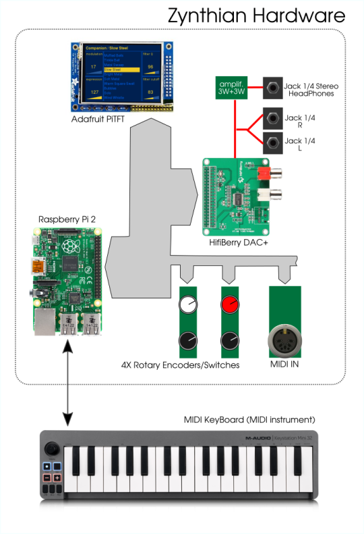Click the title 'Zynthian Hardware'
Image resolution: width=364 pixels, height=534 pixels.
tap(255, 15)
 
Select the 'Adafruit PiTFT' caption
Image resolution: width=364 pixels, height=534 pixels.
tap(102, 118)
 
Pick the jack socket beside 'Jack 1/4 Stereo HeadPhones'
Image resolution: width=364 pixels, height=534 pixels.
tap(274, 88)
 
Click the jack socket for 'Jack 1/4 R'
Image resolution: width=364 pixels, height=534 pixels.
tap(274, 118)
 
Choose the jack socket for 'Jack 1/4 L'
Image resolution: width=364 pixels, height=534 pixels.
tap(274, 142)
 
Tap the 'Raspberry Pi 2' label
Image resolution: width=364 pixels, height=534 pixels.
tap(67, 219)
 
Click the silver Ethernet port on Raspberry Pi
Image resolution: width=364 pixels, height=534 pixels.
tap(45, 323)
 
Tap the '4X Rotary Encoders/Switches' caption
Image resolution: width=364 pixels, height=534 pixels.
tap(180, 365)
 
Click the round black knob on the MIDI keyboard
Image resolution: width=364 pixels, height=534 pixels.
tap(51, 450)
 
